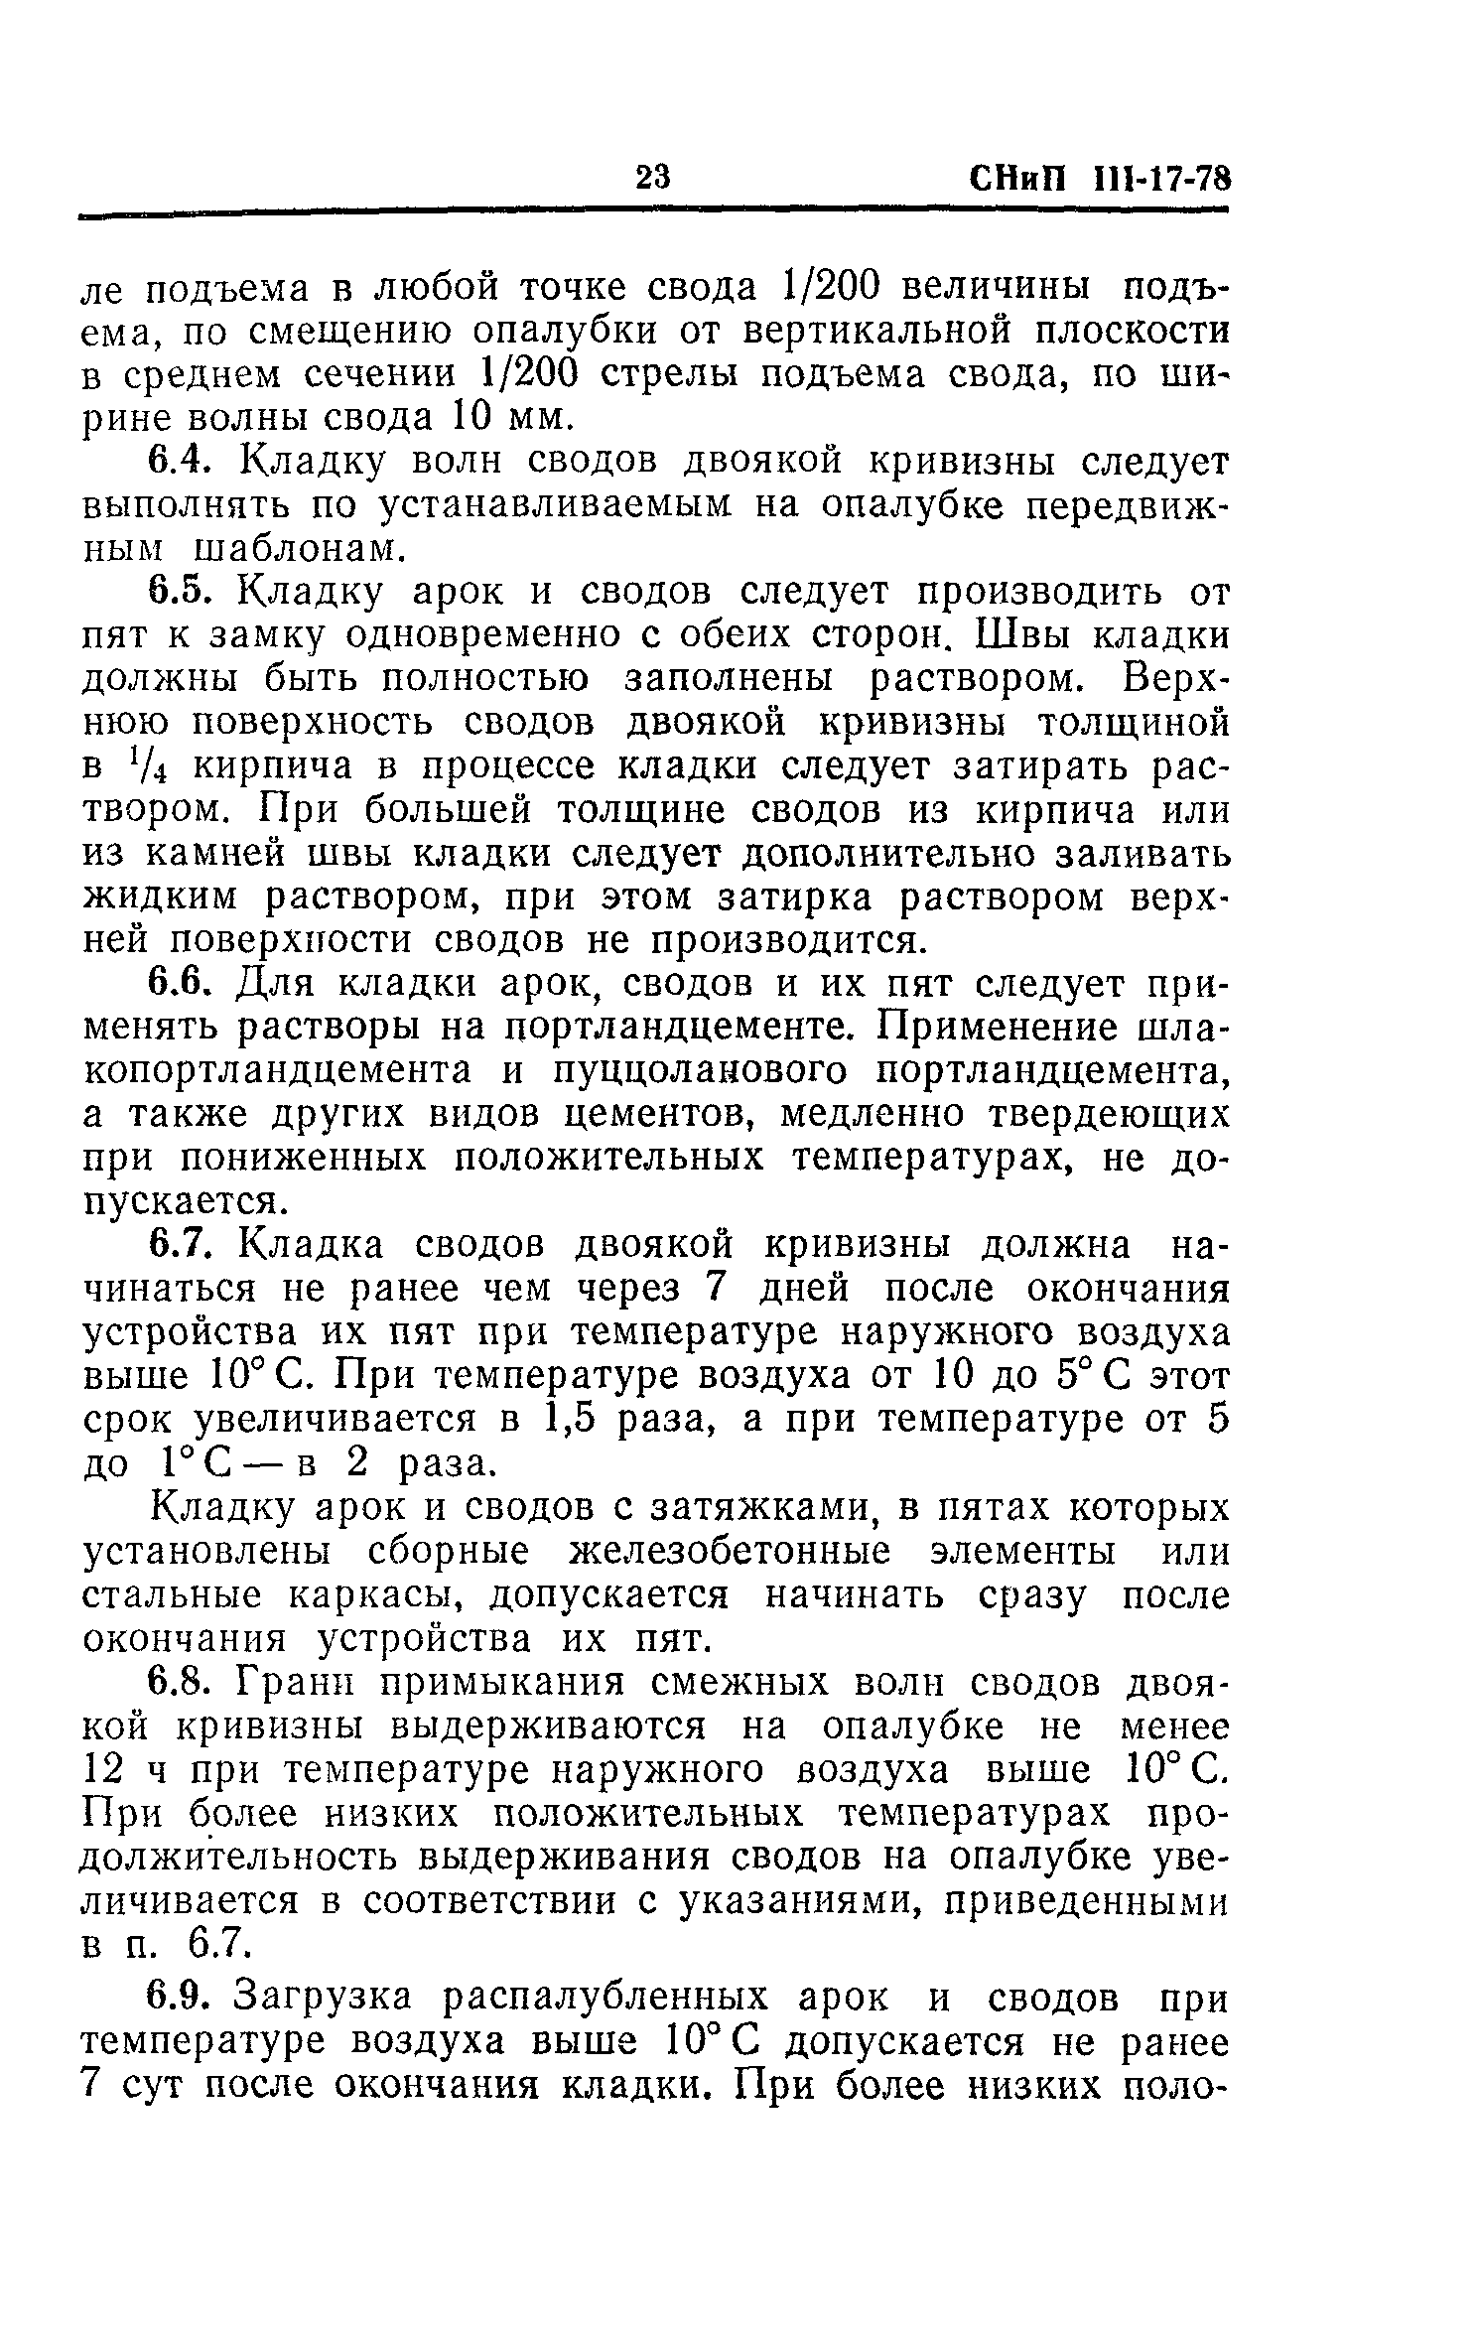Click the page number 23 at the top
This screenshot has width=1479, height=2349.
(653, 179)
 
